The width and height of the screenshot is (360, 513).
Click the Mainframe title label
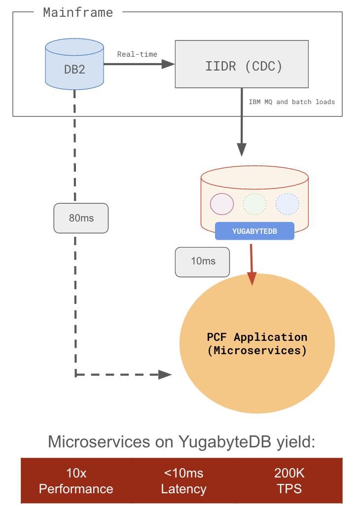point(78,12)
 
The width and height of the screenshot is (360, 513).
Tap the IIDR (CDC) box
point(242,64)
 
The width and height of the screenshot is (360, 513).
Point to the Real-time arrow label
point(137,54)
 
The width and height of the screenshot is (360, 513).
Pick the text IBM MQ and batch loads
point(291,102)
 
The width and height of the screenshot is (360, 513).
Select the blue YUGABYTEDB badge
point(254,231)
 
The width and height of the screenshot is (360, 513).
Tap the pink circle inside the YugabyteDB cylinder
point(221,204)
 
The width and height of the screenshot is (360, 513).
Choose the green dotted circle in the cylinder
point(254,204)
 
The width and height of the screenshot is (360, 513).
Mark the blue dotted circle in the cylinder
point(287,204)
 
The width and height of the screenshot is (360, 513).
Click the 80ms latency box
point(81,218)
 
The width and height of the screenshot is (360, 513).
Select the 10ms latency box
point(203,261)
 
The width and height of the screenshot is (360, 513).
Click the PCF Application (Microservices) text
point(257,344)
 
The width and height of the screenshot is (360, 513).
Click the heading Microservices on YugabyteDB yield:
point(181,442)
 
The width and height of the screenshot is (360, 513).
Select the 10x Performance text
point(76,481)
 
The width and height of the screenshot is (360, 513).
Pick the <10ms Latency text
point(183,481)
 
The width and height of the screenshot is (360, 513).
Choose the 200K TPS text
point(289,481)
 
